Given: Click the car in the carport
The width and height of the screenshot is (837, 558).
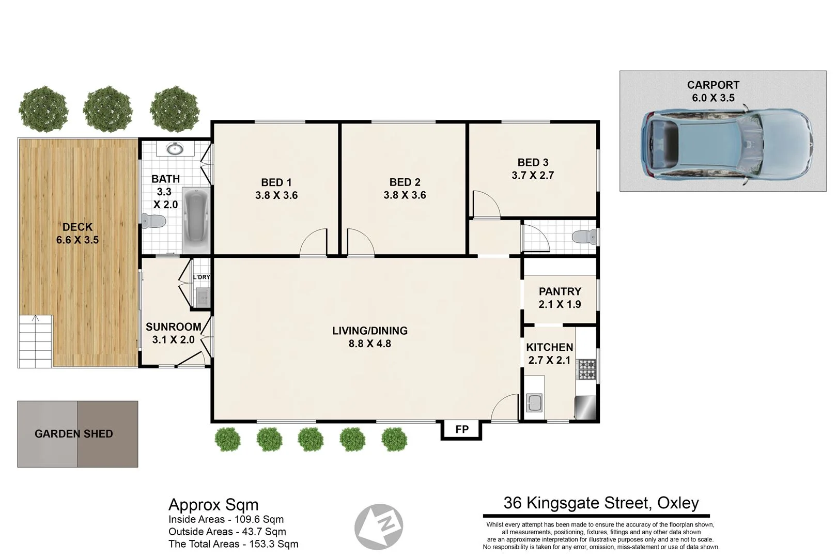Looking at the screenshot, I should pyautogui.click(x=726, y=144).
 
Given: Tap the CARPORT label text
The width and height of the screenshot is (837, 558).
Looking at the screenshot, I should pyautogui.click(x=713, y=85).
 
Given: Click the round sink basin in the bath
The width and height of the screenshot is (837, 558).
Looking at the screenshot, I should pyautogui.click(x=175, y=149).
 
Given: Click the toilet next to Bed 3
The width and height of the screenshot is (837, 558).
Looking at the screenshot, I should pyautogui.click(x=584, y=237).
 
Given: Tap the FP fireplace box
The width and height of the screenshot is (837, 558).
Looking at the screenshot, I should pyautogui.click(x=461, y=429).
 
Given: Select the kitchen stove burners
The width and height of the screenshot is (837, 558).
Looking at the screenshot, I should pyautogui.click(x=586, y=369).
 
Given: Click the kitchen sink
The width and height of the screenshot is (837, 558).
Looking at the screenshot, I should pyautogui.click(x=534, y=402).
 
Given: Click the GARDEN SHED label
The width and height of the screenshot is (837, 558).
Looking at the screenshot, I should pyautogui.click(x=73, y=434).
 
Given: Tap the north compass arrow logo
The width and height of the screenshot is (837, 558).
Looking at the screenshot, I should pyautogui.click(x=379, y=526).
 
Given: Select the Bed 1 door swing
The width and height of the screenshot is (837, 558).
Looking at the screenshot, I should pyautogui.click(x=314, y=243).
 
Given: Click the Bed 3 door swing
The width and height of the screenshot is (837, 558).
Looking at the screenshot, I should pyautogui.click(x=486, y=204).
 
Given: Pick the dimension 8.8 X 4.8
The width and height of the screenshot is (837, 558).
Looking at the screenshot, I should pyautogui.click(x=369, y=344).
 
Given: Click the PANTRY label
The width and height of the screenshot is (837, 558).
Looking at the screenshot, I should pyautogui.click(x=560, y=291).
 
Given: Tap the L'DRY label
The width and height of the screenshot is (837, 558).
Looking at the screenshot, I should pyautogui.click(x=202, y=277).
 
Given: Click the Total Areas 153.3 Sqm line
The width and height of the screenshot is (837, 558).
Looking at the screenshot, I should pyautogui.click(x=233, y=544).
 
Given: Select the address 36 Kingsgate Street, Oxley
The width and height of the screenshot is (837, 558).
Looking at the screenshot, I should pyautogui.click(x=601, y=503).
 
